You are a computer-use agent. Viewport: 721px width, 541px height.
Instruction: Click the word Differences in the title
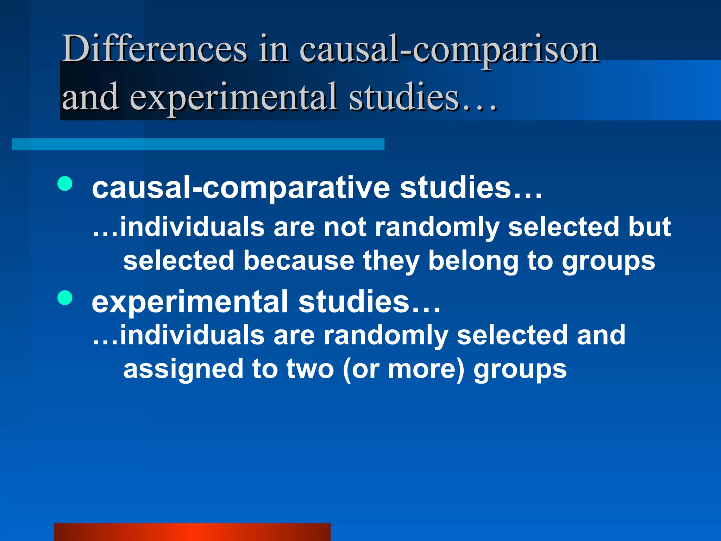pos(154,49)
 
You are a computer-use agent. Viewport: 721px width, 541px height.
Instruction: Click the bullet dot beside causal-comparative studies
pos(65,184)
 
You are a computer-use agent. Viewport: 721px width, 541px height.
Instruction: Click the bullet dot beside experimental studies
pos(65,298)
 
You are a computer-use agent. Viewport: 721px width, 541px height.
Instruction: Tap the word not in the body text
pos(345,227)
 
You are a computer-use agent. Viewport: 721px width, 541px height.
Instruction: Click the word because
pos(299,261)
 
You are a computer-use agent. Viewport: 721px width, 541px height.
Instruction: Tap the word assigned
pos(183,369)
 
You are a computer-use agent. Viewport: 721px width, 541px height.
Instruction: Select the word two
pos(310,369)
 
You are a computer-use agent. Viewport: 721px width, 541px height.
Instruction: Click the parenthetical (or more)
pos(403,369)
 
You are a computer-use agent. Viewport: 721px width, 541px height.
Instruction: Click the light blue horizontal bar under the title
pos(198,144)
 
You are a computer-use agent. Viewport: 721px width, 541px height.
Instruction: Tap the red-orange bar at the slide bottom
pos(192,532)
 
